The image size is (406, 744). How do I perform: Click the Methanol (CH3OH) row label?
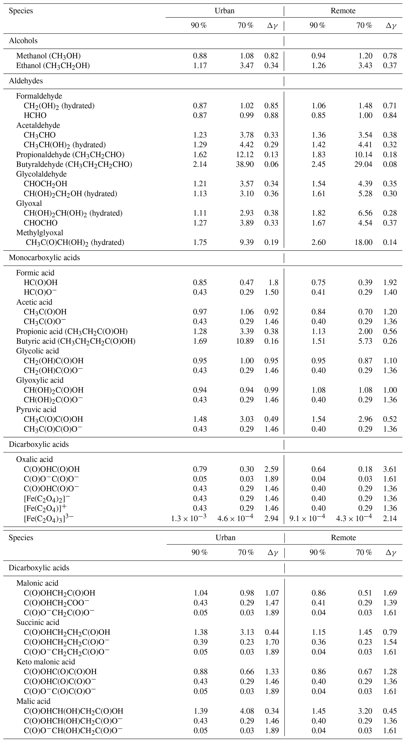point(48,56)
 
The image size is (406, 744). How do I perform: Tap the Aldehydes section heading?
point(26,81)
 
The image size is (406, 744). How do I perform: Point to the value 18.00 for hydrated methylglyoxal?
point(363,242)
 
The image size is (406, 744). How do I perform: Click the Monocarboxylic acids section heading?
point(44,258)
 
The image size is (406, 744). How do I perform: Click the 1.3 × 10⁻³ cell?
point(189,518)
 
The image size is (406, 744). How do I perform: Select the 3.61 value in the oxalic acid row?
point(390,469)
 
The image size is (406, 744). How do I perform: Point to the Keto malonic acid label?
point(46,662)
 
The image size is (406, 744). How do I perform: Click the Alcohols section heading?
point(23,41)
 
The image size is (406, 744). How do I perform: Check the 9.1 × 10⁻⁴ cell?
point(307,518)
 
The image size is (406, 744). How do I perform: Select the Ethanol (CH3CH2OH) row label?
point(53,66)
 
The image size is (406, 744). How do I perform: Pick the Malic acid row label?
point(33,701)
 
